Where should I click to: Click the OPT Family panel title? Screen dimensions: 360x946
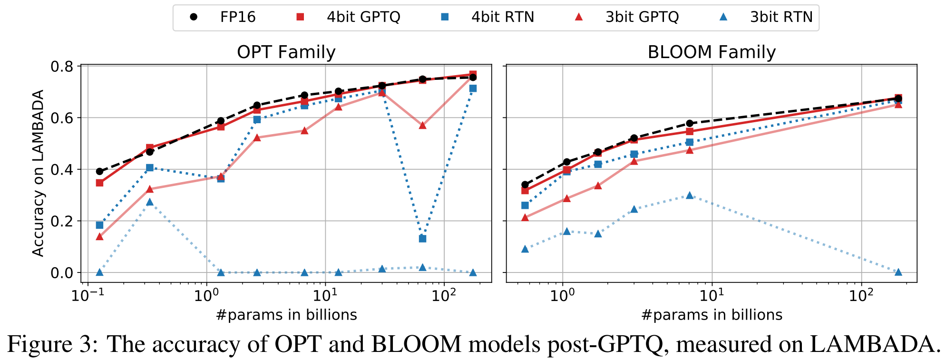pyautogui.click(x=286, y=52)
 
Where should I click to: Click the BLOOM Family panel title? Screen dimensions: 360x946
pyautogui.click(x=712, y=52)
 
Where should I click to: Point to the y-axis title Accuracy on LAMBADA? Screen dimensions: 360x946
pyautogui.click(x=38, y=173)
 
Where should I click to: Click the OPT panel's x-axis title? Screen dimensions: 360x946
pyautogui.click(x=286, y=315)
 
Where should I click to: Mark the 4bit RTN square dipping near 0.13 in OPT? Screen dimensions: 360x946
pyautogui.click(x=422, y=239)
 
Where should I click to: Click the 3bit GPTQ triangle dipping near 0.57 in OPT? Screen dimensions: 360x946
pyautogui.click(x=422, y=125)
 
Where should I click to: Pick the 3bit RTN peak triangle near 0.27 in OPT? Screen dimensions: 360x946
pyautogui.click(x=150, y=202)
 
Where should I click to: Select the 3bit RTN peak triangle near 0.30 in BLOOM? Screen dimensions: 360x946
pyautogui.click(x=690, y=195)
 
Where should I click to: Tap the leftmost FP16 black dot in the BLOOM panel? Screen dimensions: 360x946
pyautogui.click(x=525, y=185)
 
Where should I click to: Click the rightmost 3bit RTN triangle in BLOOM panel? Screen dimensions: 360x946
pyautogui.click(x=898, y=272)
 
